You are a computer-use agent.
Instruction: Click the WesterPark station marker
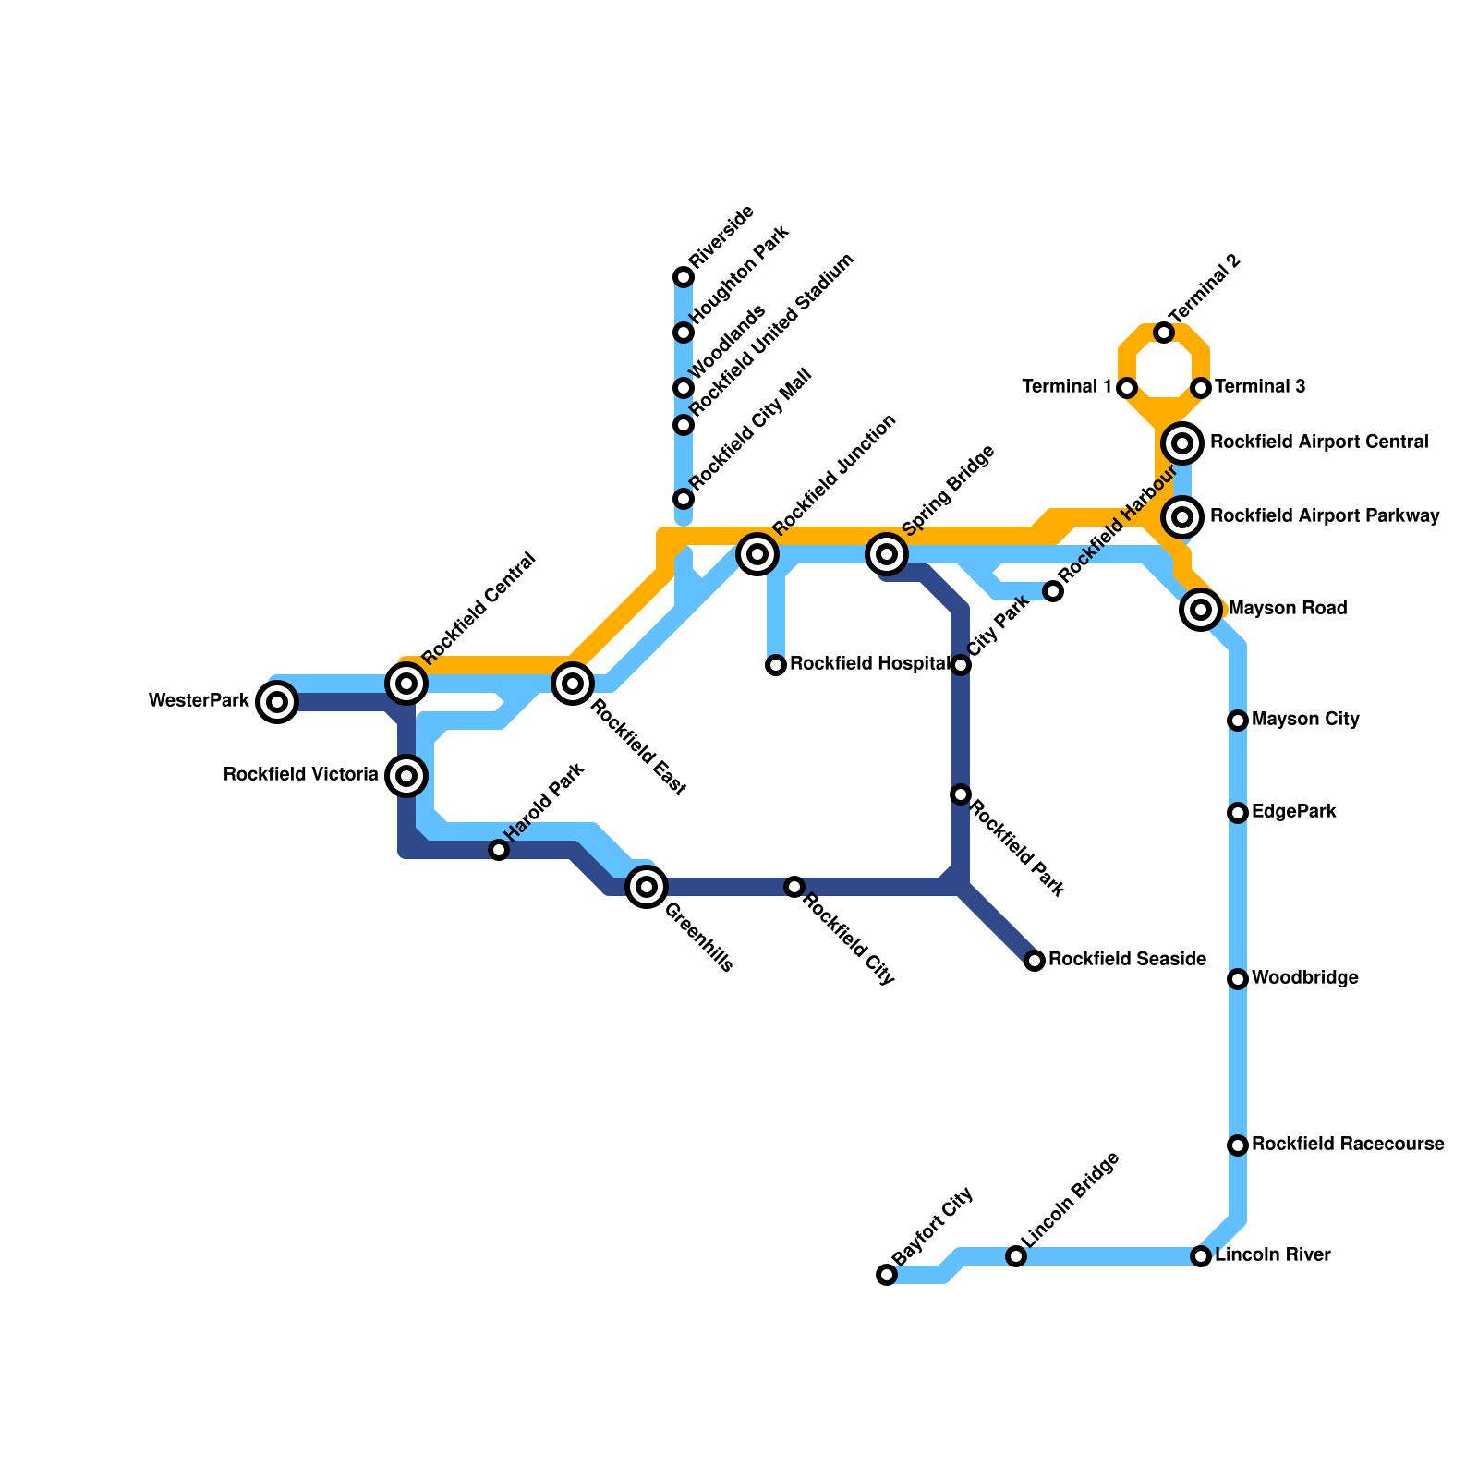277,702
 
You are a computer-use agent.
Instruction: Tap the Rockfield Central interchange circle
406,684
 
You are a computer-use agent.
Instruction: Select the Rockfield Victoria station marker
406,775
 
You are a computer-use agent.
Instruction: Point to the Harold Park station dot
499,850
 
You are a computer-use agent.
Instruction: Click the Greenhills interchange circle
647,887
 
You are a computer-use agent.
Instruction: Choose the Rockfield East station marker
573,684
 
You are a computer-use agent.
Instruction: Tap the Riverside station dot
684,277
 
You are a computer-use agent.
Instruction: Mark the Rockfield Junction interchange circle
757,554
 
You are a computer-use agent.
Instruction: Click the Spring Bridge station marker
887,554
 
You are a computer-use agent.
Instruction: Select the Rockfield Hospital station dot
776,665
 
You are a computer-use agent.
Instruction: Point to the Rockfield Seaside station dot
1035,961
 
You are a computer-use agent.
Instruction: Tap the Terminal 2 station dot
1164,333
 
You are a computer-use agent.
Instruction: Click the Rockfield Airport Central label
1319,442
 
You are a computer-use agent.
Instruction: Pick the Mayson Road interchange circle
1201,610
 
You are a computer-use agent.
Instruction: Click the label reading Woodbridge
1305,978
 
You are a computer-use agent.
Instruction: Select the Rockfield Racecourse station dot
1238,1145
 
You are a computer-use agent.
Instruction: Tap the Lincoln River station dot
1201,1256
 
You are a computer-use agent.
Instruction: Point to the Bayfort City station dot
887,1275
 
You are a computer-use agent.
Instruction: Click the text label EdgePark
1294,813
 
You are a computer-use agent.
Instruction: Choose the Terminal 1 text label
1067,387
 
